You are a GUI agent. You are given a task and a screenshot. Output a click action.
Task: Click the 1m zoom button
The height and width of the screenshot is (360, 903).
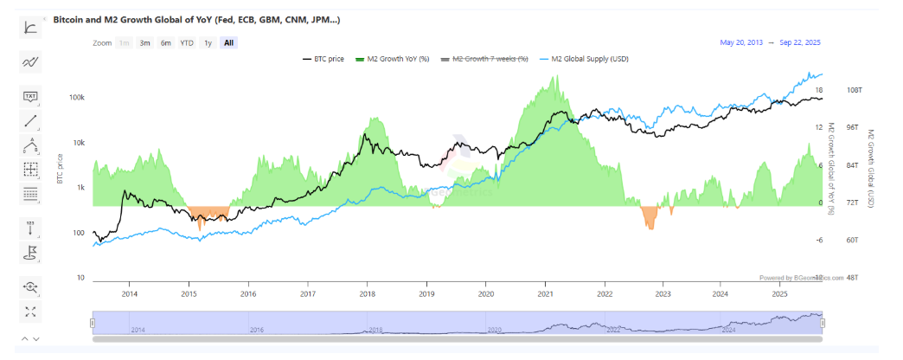(125, 42)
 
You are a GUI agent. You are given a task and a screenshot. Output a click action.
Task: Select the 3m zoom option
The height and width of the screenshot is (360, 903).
(144, 42)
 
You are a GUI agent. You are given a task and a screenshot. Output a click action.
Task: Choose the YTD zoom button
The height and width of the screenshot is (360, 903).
(186, 42)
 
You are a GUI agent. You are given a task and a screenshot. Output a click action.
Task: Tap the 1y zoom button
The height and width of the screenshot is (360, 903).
(208, 42)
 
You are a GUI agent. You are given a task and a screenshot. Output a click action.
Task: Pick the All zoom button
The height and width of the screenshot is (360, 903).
(228, 42)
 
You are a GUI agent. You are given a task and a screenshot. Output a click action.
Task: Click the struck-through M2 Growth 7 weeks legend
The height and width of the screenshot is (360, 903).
(481, 59)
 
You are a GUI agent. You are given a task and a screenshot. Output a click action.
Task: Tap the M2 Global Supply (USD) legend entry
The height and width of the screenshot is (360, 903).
(580, 59)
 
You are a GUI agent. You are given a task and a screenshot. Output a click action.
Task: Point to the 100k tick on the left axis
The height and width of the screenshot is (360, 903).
(76, 98)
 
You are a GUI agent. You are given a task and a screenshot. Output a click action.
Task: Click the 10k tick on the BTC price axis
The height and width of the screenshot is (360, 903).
(78, 143)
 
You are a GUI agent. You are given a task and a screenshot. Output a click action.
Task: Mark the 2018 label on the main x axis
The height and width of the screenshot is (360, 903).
(367, 294)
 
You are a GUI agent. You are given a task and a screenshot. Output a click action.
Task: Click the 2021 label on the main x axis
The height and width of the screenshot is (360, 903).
(545, 294)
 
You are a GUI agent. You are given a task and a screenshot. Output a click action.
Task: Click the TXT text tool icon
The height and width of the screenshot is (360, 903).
(31, 96)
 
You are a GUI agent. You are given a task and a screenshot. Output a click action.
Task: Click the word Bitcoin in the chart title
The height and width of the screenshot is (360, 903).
(71, 18)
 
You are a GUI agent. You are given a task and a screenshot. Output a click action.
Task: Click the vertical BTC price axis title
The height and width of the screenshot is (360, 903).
(60, 168)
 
